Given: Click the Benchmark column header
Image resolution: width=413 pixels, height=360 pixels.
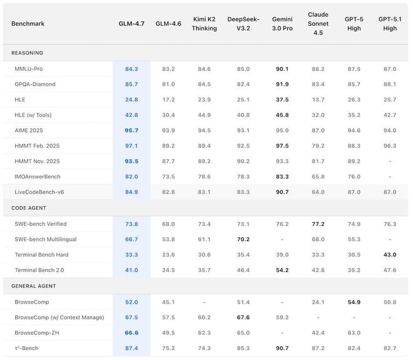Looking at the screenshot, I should coord(28,24).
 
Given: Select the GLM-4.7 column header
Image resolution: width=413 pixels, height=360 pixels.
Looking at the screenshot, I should coord(131,24).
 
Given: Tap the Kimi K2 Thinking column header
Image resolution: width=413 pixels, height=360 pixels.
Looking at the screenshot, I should coord(204,24).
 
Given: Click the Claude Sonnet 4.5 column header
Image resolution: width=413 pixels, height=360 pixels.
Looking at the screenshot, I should coord(318,23).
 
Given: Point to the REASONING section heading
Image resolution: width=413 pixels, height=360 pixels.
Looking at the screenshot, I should coord(28,53).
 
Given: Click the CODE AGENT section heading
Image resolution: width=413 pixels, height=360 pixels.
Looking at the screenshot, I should coord(29,208).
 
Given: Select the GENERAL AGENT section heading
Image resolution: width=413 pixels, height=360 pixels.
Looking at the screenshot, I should coord(34,285).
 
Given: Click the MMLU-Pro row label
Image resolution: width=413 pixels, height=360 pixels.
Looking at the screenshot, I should coord(29,68).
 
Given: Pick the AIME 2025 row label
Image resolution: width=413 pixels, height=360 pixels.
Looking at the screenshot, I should coord(30,130).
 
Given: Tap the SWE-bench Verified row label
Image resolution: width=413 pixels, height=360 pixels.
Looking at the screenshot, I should coord(40,224).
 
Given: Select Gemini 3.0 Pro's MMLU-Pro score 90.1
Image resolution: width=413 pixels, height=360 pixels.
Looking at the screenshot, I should coord(282,68).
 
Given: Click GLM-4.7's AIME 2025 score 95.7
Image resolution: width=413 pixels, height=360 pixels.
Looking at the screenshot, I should coord(131,130).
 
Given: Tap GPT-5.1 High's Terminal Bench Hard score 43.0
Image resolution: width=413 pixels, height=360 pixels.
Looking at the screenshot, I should coord(389,255).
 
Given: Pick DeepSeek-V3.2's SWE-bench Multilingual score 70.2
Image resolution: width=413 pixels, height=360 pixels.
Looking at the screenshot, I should coord(243,239).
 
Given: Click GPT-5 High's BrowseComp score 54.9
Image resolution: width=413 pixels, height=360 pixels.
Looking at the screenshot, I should coord(354,302).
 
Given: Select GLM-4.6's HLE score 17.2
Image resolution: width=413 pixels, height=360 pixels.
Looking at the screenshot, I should coord(168,100).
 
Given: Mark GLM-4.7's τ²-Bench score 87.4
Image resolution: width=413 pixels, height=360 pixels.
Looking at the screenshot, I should coord(131,348).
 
